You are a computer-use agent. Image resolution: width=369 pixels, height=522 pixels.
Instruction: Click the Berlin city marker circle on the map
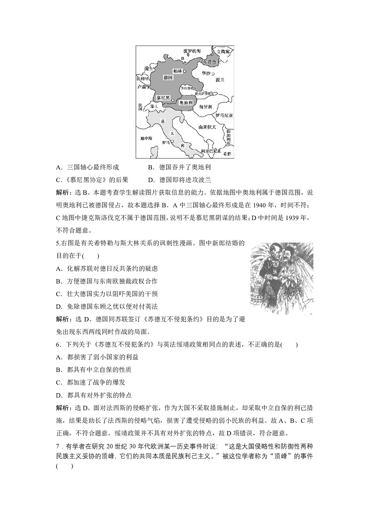(184, 71)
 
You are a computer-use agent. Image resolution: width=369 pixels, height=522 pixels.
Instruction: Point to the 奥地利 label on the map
(186, 103)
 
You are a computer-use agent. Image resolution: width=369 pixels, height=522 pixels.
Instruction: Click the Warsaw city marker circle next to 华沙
(213, 74)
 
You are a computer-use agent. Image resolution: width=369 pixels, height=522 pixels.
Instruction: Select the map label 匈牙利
(206, 107)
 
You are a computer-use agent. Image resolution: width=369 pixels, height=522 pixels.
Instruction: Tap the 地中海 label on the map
(146, 138)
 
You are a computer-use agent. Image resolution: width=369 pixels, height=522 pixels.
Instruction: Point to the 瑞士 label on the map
(154, 106)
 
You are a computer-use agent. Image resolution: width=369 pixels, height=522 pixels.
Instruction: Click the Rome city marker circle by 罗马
(173, 142)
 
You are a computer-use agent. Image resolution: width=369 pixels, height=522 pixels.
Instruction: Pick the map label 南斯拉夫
(207, 127)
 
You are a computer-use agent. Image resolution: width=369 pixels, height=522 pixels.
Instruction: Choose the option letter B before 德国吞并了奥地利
(150, 167)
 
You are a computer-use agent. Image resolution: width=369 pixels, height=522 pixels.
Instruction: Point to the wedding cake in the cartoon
(258, 295)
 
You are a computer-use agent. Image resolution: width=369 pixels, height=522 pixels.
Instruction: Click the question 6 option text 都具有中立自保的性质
(99, 370)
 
